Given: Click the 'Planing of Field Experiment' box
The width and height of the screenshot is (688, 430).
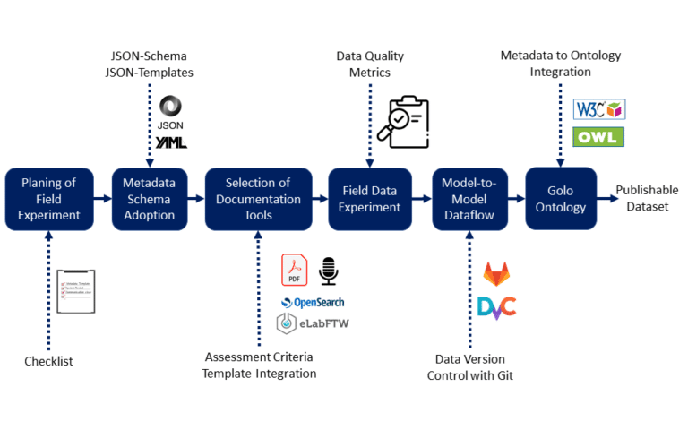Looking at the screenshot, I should (x=49, y=198).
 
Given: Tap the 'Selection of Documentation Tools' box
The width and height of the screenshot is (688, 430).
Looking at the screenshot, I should (x=259, y=198).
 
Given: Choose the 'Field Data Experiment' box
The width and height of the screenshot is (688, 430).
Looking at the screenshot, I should (x=369, y=198).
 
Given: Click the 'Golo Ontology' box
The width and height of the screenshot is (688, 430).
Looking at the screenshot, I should (x=561, y=198).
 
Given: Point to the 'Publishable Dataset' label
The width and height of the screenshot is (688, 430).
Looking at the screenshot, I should (x=647, y=198).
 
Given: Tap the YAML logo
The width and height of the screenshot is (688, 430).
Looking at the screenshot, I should (x=170, y=142).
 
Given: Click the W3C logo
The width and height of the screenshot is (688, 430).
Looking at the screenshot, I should (x=598, y=109).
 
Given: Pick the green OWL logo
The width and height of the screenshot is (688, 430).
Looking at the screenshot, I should (x=598, y=137).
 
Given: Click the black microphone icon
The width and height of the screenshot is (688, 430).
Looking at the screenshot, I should (x=329, y=270).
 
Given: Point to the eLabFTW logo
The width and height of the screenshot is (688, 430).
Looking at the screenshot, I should (x=310, y=324).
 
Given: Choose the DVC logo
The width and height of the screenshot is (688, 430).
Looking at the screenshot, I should (x=496, y=307).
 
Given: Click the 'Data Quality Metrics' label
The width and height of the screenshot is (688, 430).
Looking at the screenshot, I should (x=369, y=64).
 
